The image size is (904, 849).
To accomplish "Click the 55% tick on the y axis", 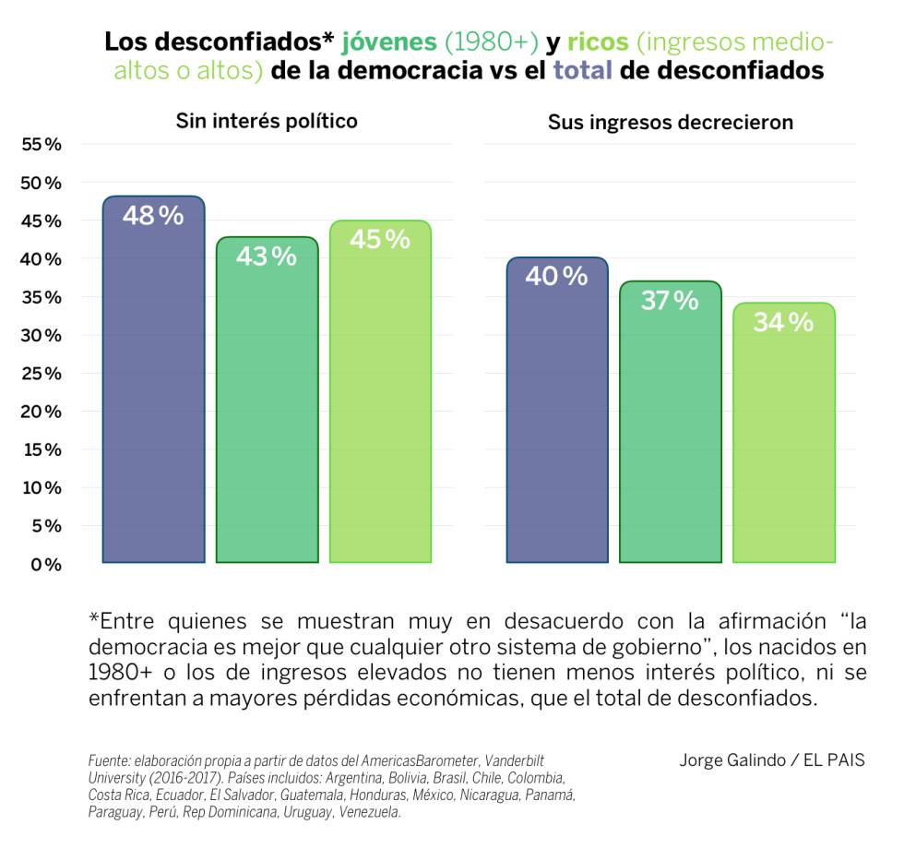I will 41,144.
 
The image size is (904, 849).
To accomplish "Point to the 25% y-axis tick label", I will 41,374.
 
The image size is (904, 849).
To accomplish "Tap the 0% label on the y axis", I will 45,564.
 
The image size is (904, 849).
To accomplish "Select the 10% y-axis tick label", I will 41,487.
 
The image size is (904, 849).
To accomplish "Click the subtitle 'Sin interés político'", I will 267,121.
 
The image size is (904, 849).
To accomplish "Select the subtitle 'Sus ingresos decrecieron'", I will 671,123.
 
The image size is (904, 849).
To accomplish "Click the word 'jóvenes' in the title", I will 389,42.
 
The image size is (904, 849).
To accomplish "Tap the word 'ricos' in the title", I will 598,42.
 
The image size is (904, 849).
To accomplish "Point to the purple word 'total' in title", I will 582,71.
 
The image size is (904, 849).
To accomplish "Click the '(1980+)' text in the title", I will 490,42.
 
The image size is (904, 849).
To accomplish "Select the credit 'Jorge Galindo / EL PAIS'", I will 772,760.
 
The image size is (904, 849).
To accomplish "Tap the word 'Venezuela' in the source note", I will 369,812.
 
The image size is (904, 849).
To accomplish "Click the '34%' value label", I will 783,323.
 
